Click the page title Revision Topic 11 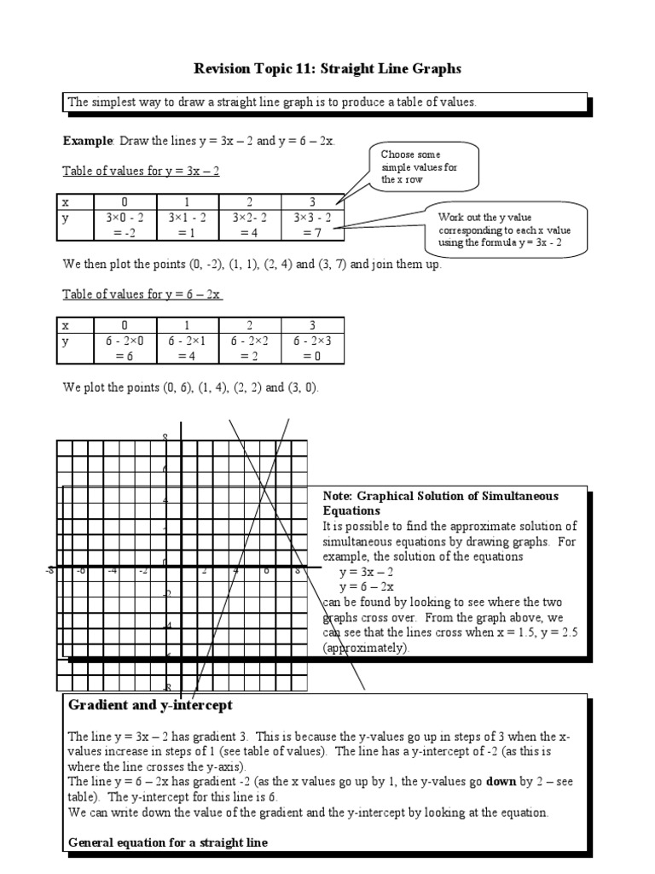[327, 67]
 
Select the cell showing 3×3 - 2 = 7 [313, 224]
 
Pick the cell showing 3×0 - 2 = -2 [125, 224]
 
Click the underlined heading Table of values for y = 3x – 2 [142, 171]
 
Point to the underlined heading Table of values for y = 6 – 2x [142, 294]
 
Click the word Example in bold [88, 140]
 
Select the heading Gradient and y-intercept [149, 706]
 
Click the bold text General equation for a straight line [168, 842]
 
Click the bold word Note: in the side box [338, 496]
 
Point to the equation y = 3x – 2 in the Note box [367, 571]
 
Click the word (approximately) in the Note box [366, 648]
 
